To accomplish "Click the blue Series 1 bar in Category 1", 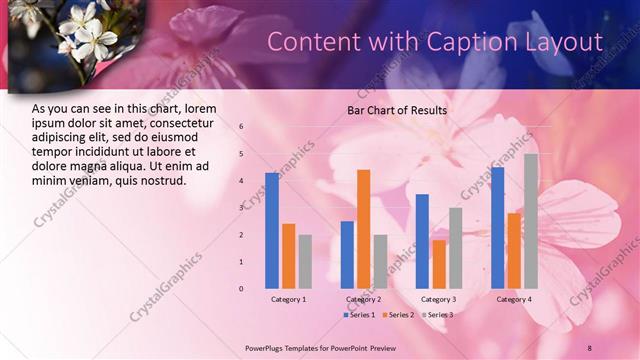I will [272, 230].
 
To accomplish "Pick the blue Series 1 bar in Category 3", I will [422, 240].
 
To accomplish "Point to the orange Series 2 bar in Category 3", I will [438, 263].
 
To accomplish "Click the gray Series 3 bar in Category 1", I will [305, 261].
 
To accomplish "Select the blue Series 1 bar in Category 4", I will [498, 227].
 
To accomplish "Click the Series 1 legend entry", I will [361, 315].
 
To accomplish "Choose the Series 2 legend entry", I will [398, 315].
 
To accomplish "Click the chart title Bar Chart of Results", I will [397, 110].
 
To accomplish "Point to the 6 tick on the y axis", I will [241, 127].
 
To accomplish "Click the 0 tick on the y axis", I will [241, 288].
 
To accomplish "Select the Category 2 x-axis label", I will [363, 299].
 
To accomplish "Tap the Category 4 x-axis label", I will [514, 299].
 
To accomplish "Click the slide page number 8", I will [590, 347].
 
